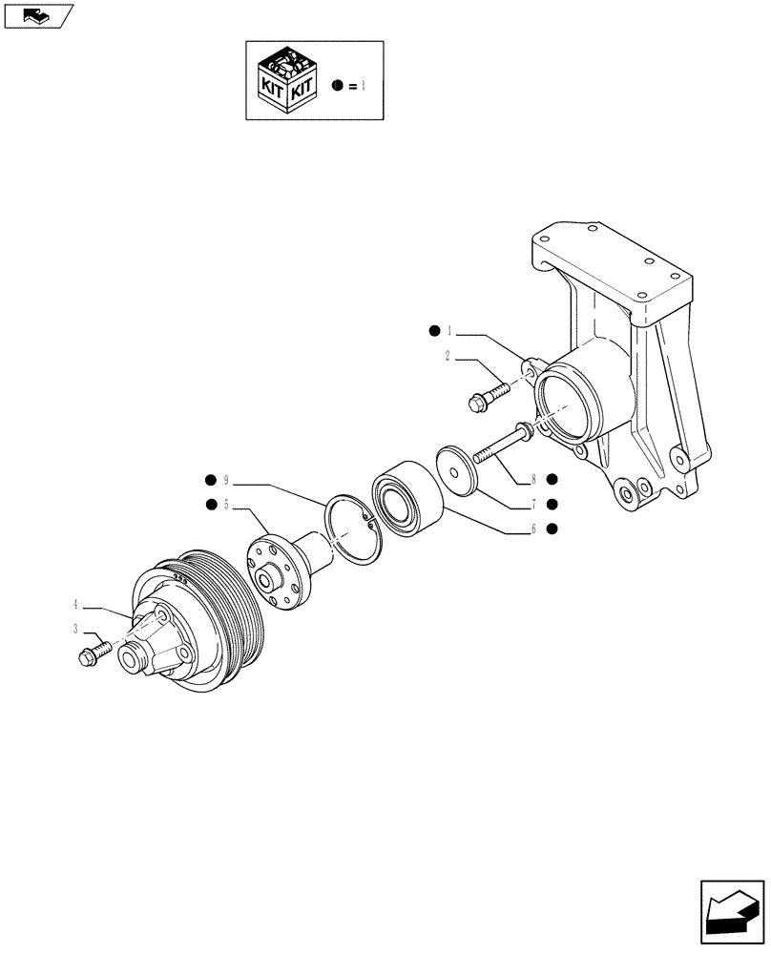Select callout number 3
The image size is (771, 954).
coord(73,630)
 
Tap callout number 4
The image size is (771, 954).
coord(73,604)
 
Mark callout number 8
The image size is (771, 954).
coord(534,479)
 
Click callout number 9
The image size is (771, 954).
coord(226,479)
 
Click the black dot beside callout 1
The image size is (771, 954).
coord(434,332)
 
